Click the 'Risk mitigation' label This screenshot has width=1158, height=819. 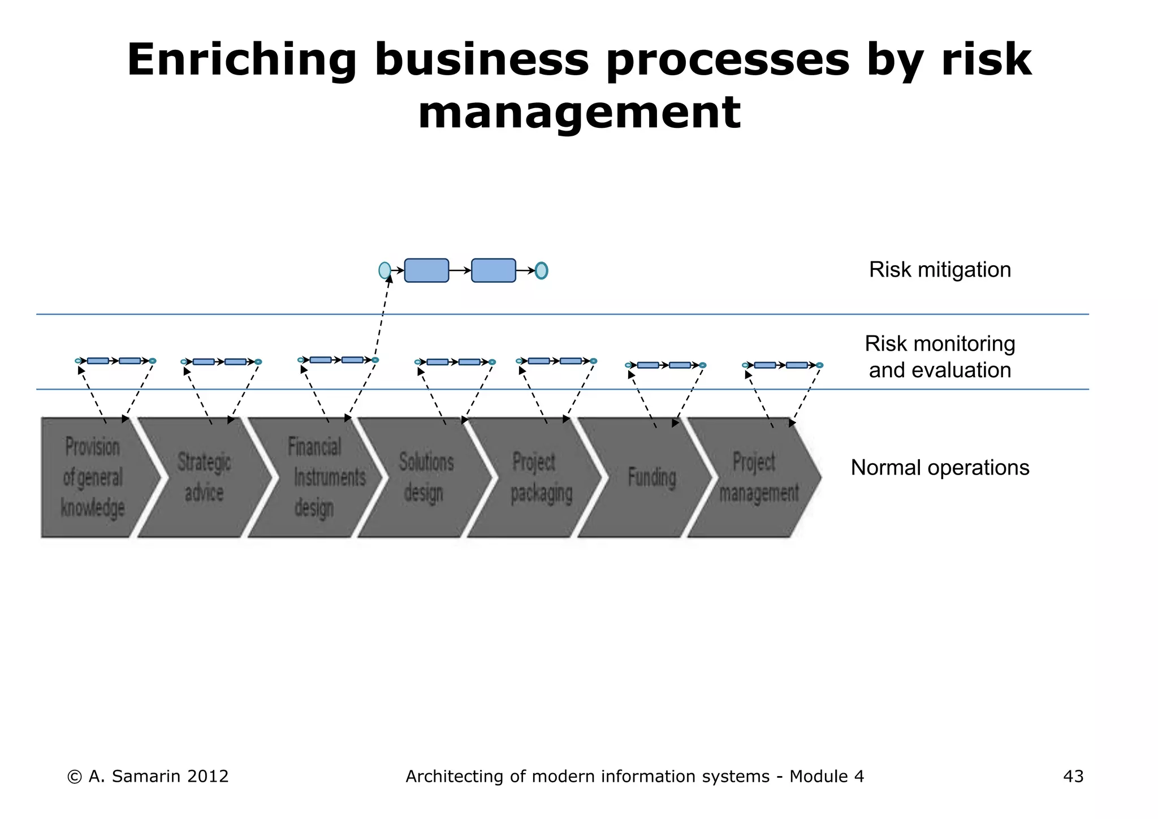pos(940,270)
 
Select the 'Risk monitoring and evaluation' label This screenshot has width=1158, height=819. pos(940,357)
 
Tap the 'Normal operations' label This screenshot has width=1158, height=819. pos(940,468)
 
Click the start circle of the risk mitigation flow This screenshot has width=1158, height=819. pos(384,270)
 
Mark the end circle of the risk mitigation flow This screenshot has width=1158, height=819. pos(541,270)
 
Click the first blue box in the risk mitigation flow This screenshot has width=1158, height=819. pos(426,270)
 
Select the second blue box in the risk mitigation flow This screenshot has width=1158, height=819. pos(493,270)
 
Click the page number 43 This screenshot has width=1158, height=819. pos(1073,776)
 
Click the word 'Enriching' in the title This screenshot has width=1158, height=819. pos(241,61)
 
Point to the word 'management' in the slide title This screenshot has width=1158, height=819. pos(579,113)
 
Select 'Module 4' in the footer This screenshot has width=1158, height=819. pos(827,776)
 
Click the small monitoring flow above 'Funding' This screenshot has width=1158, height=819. pos(665,365)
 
